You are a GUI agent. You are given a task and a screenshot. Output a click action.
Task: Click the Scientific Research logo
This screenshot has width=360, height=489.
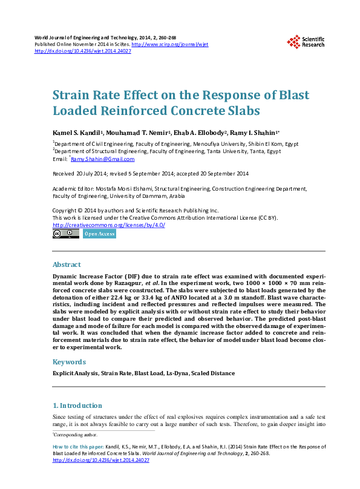coord(305,41)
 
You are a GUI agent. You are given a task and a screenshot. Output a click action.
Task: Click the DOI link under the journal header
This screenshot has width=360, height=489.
coord(83,51)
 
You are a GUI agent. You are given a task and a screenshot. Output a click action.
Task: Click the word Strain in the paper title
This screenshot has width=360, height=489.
coord(71,96)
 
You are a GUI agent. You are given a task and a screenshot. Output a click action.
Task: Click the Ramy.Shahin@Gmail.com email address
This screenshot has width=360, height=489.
coord(103,159)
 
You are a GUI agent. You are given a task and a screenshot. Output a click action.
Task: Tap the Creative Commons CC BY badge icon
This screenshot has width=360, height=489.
coord(65,234)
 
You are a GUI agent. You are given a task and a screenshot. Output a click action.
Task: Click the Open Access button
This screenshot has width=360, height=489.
coord(99,234)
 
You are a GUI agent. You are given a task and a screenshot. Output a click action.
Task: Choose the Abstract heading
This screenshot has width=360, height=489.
coord(67,264)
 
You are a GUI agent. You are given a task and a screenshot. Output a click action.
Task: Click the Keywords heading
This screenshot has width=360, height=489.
coord(70,361)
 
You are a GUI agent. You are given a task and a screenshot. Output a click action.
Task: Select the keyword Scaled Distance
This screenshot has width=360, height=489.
coord(213,373)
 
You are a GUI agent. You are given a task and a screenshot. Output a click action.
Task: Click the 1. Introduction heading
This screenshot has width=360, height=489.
coord(77,405)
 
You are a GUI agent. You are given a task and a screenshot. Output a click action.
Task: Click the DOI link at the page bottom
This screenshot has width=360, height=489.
coord(101,461)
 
